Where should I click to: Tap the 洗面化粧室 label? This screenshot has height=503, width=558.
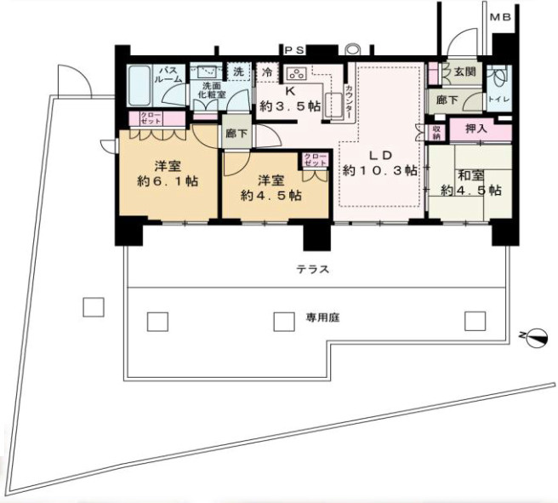pyautogui.click(x=208, y=90)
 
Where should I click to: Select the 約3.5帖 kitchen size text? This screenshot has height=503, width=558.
pyautogui.click(x=291, y=106)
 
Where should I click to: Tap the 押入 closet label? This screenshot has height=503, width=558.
pyautogui.click(x=475, y=129)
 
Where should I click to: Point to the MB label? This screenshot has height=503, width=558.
pyautogui.click(x=500, y=17)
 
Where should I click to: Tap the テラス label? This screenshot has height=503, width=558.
pyautogui.click(x=313, y=269)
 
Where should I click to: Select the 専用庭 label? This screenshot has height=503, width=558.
pyautogui.click(x=322, y=320)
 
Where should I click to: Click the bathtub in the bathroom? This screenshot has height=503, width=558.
pyautogui.click(x=139, y=86)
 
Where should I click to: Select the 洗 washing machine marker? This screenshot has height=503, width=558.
pyautogui.click(x=239, y=72)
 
